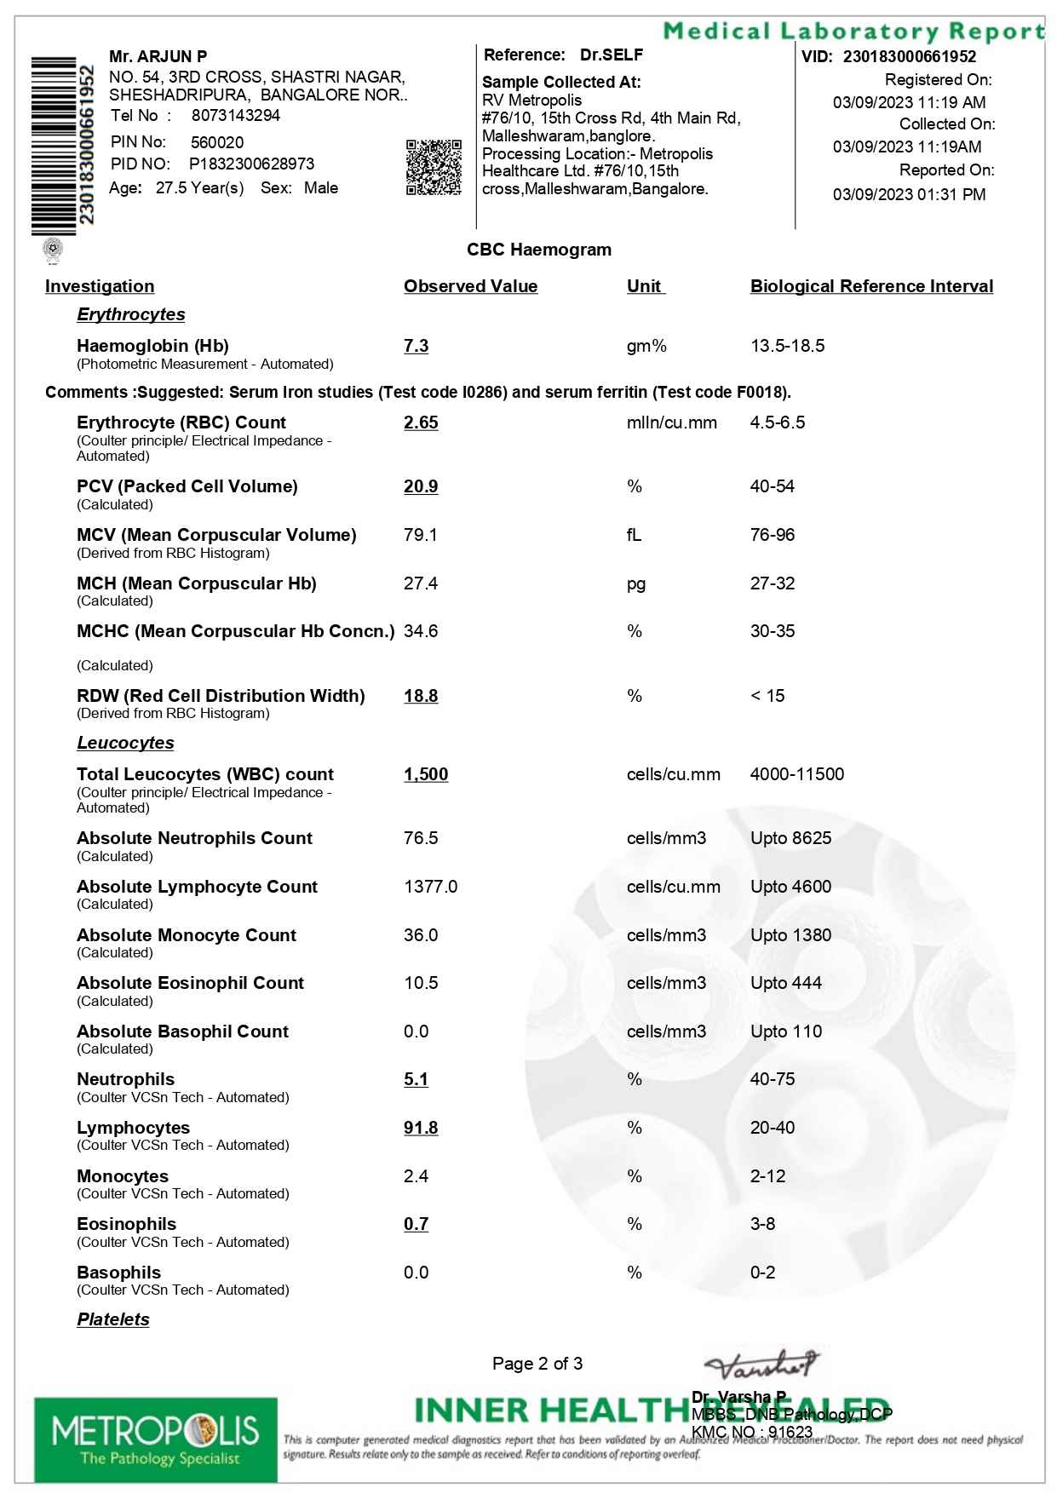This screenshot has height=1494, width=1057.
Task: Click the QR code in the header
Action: (x=434, y=167)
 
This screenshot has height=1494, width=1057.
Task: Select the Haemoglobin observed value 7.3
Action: (x=416, y=346)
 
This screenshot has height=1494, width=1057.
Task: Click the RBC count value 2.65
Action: (x=421, y=422)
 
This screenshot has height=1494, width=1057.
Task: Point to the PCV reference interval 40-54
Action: (x=772, y=486)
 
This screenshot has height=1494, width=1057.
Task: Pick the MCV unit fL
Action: (x=634, y=535)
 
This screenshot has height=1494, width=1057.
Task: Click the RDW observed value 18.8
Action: (x=421, y=696)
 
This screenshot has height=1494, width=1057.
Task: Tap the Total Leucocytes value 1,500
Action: (x=426, y=774)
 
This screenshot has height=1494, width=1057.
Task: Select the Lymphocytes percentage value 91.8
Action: (x=421, y=1128)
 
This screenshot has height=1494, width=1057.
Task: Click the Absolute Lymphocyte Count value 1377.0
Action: (x=430, y=887)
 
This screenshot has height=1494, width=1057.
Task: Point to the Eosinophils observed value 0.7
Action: (x=416, y=1224)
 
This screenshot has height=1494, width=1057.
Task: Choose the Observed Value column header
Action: (x=470, y=286)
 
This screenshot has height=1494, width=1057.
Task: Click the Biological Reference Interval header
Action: (x=871, y=286)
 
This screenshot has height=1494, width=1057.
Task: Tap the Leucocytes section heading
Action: (x=125, y=743)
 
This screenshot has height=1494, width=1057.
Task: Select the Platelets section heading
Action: (x=113, y=1319)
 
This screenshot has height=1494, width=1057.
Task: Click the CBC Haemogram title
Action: (x=539, y=250)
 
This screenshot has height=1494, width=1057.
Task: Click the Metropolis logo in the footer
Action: (x=156, y=1439)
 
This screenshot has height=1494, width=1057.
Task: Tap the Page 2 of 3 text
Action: (x=537, y=1364)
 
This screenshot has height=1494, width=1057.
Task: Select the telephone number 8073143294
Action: (x=235, y=116)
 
